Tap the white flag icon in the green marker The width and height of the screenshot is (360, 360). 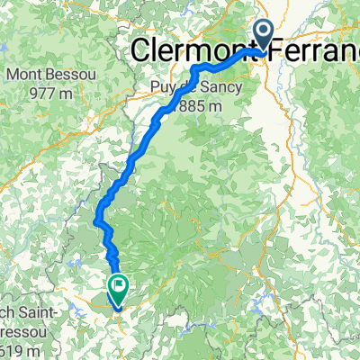(118, 287)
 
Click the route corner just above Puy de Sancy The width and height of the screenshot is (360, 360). (195, 69)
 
